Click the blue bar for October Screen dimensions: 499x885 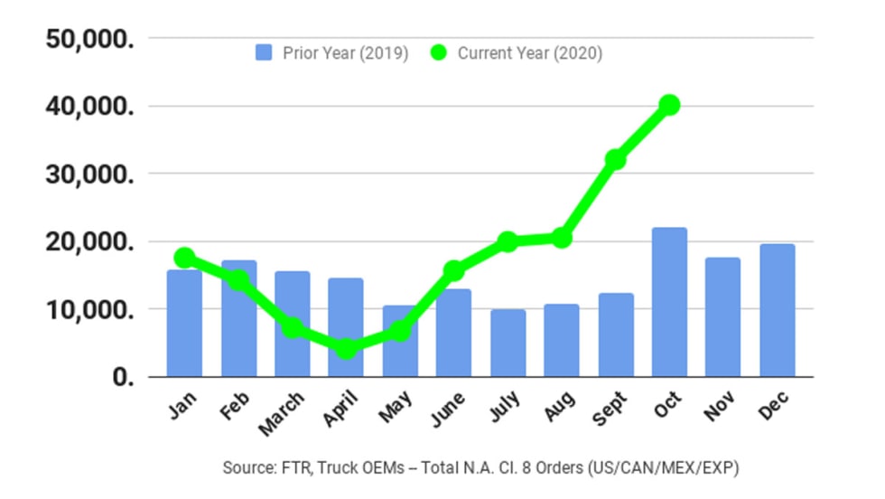click(x=669, y=302)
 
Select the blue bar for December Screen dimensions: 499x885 click(x=777, y=310)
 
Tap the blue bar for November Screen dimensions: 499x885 click(x=722, y=317)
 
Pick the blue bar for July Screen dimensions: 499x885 click(x=508, y=344)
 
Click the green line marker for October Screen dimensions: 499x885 click(x=668, y=106)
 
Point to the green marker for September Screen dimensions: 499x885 click(x=616, y=160)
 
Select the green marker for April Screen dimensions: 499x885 click(x=346, y=348)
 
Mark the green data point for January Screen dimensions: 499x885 click(x=184, y=258)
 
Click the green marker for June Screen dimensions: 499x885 click(x=454, y=270)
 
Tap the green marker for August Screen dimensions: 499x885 click(x=562, y=238)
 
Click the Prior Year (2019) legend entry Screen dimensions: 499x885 click(x=332, y=53)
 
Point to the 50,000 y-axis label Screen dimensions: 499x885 click(x=89, y=39)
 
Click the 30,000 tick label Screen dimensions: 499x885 click(x=89, y=174)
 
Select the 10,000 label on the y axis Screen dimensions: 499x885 click(x=89, y=309)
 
